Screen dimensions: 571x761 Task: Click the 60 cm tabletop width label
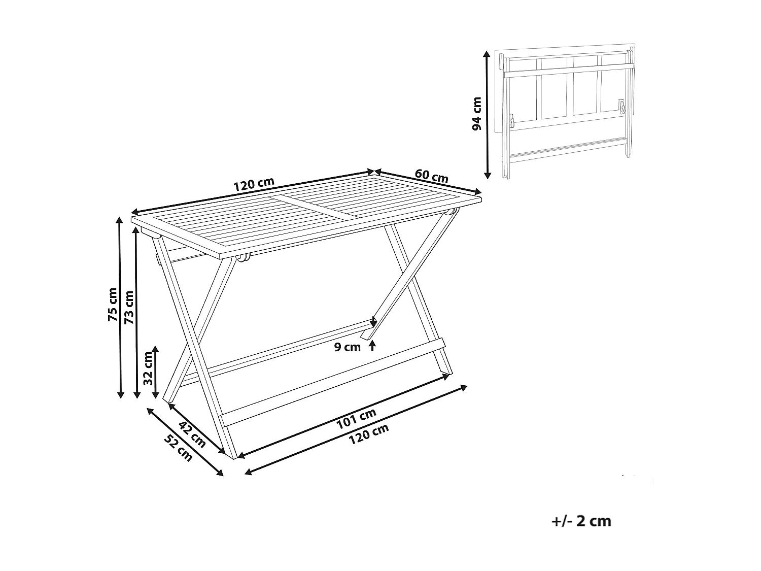tap(432, 176)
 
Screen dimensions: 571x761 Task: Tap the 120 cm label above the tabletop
tap(254, 185)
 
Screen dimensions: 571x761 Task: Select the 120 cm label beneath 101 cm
tap(369, 434)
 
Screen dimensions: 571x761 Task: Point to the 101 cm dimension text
tap(357, 419)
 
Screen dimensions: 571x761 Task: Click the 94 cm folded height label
tap(477, 114)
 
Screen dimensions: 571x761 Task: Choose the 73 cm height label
tap(129, 307)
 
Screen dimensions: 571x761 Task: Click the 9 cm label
tap(348, 348)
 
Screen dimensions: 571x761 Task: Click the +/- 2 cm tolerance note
tap(580, 521)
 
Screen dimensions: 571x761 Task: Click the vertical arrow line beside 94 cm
tap(488, 114)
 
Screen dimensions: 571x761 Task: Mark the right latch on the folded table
tap(621, 107)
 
